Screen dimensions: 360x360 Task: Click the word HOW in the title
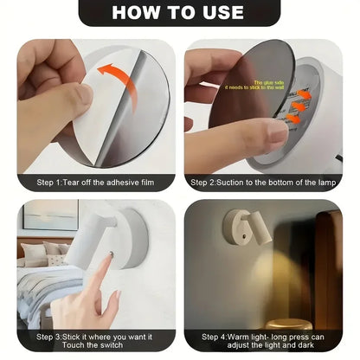(137, 12)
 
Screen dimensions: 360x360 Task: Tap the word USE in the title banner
(223, 12)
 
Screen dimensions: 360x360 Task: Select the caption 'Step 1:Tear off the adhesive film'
(93, 183)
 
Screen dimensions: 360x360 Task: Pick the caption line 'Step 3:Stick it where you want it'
(93, 336)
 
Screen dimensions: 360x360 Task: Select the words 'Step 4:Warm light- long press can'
(264, 336)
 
